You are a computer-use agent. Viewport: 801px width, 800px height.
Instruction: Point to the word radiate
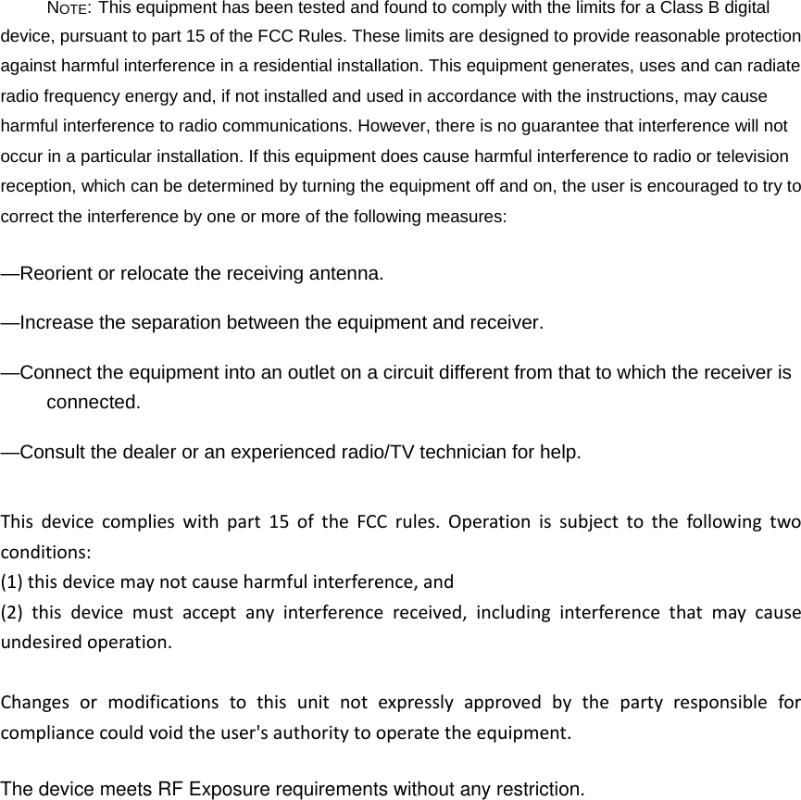(x=773, y=68)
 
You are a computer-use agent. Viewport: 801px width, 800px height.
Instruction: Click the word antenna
(x=348, y=274)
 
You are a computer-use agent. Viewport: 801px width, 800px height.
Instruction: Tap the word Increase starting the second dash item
(x=58, y=323)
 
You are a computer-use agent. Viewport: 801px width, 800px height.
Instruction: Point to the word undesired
(x=37, y=642)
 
